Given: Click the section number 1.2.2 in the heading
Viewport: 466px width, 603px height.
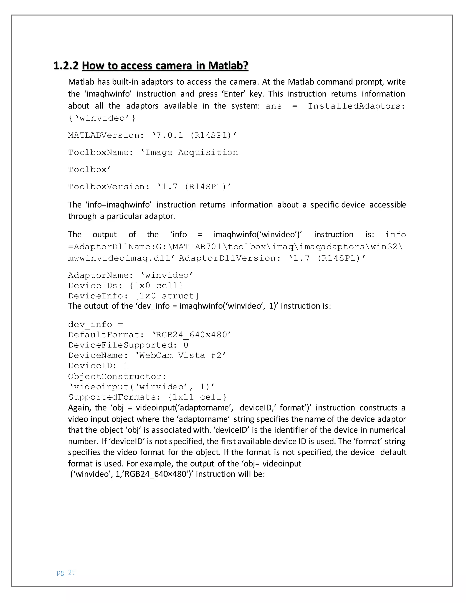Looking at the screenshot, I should coord(66,66).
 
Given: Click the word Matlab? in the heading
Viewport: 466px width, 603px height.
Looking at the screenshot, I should coord(228,66).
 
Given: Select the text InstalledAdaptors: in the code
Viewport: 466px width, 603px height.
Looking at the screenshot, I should coord(356,106).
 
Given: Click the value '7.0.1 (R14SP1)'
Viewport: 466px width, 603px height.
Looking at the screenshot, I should coord(194,135).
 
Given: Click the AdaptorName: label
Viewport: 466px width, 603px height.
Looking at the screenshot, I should coord(101,275).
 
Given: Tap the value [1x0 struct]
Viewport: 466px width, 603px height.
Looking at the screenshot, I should coord(167,296).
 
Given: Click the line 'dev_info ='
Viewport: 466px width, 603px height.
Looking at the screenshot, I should coord(96,324).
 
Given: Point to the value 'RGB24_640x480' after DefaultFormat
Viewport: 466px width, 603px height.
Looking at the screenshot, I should coord(192,335).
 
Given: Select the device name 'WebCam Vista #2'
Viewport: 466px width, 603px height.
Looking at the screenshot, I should coord(181,355).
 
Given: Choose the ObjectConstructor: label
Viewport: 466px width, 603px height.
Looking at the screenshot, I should coord(117,377).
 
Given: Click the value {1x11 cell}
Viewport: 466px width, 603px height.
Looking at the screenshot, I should coord(197,397).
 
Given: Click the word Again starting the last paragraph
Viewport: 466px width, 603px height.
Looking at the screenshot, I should coord(79,408).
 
